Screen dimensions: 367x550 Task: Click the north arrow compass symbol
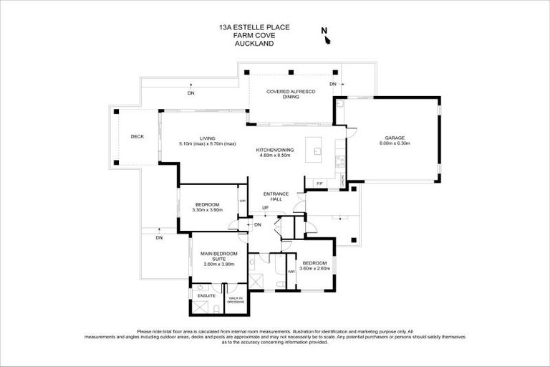click(x=326, y=36)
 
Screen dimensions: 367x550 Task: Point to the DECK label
click(x=137, y=136)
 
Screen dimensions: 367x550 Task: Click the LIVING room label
click(x=208, y=138)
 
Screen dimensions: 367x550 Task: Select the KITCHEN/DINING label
click(x=274, y=150)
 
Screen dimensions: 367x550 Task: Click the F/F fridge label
click(x=319, y=184)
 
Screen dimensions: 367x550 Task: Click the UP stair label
click(x=265, y=208)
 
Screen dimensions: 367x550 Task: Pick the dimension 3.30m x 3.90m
click(x=209, y=210)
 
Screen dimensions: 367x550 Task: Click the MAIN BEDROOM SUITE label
click(x=219, y=257)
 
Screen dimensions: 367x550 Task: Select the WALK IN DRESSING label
click(x=236, y=300)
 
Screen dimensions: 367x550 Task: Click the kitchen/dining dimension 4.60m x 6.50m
click(x=274, y=156)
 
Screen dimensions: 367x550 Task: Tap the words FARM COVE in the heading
click(x=245, y=37)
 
